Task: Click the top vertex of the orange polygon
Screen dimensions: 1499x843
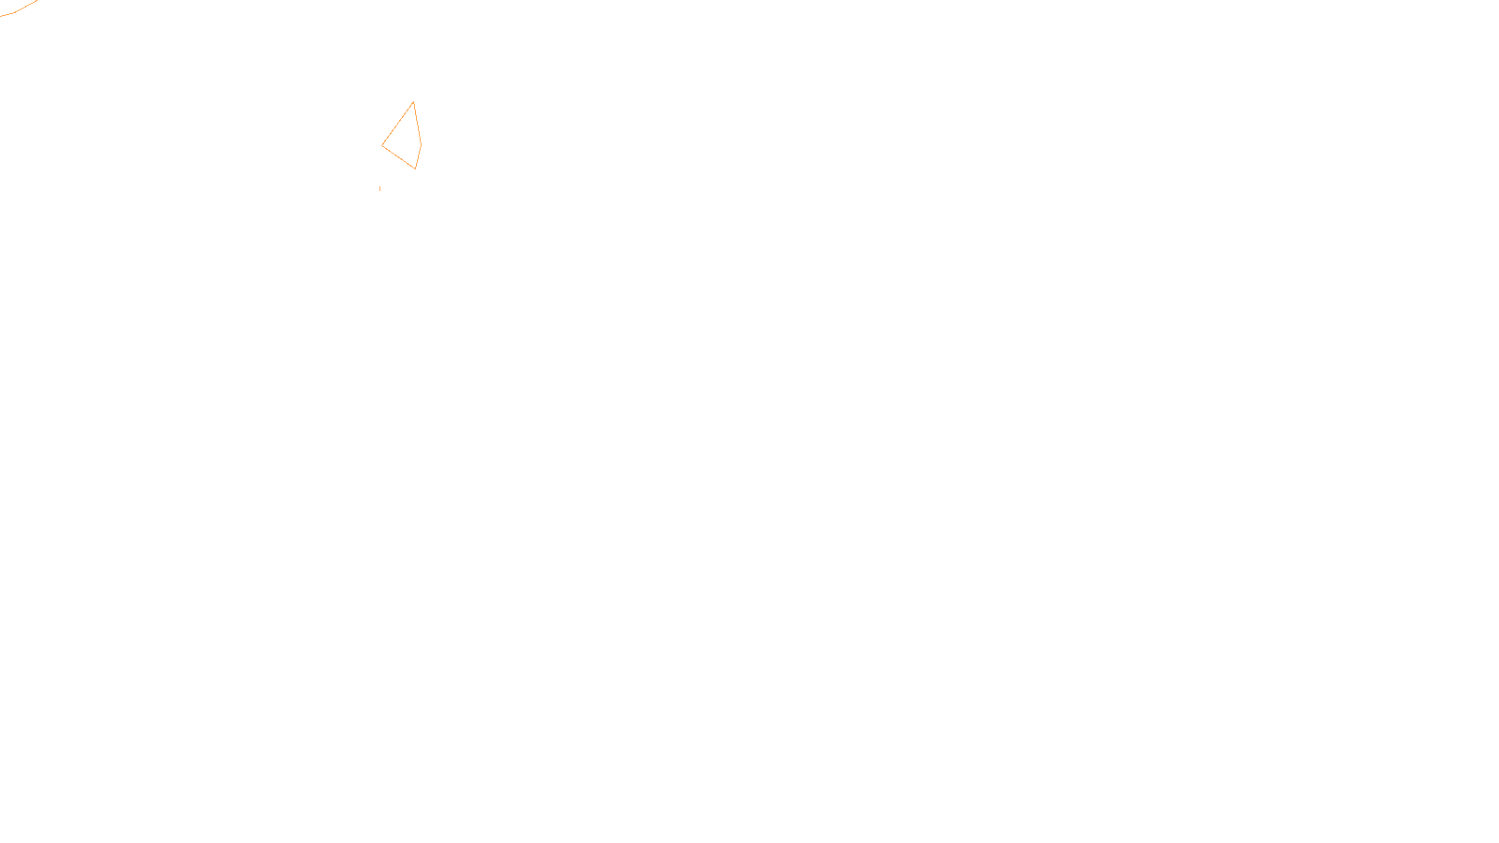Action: point(413,102)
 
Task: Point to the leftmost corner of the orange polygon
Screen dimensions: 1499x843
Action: point(382,146)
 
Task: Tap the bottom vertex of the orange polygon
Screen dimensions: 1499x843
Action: point(415,169)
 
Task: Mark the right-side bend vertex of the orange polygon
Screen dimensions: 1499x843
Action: point(421,144)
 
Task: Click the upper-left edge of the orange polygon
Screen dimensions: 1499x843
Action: point(397,124)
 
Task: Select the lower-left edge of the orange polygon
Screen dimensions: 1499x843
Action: point(398,157)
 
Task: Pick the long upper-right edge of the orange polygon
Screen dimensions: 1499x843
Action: point(417,123)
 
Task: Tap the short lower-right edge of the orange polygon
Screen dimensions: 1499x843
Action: point(418,156)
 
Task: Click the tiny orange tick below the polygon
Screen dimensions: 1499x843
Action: point(379,188)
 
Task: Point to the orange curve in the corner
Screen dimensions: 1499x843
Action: point(19,9)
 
